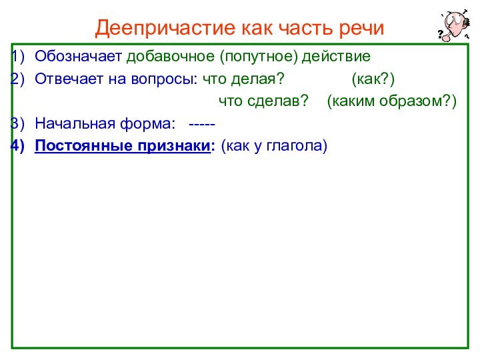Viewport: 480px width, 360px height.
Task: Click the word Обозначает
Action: pos(79,55)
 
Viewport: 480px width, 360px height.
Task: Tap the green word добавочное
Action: pos(173,55)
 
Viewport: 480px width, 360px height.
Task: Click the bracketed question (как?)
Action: pos(373,79)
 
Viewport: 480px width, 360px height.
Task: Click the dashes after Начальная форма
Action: pos(202,123)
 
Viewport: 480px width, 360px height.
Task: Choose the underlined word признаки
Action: pos(170,145)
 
